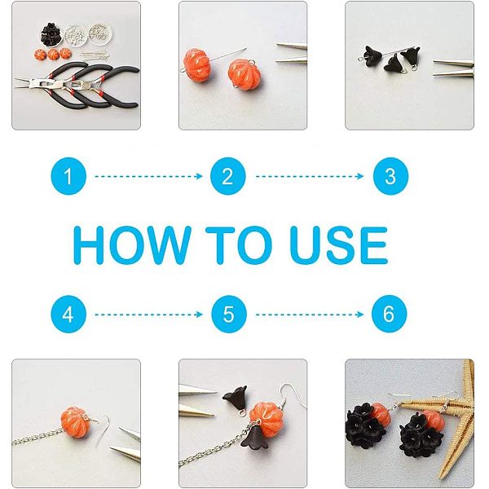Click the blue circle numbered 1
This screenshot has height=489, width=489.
click(68, 176)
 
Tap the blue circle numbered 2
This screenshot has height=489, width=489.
click(228, 176)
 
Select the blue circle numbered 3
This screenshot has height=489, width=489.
click(390, 176)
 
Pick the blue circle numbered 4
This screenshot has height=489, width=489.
click(68, 314)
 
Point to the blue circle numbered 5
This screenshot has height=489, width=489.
click(228, 314)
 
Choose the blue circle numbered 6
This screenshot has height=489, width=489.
click(390, 314)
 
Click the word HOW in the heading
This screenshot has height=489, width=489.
click(132, 245)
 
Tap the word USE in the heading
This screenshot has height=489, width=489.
click(339, 245)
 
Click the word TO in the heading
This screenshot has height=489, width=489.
click(239, 245)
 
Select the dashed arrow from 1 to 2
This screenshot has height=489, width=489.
click(149, 177)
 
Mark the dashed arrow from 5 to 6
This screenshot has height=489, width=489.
click(310, 315)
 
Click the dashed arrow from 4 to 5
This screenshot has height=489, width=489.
click(149, 315)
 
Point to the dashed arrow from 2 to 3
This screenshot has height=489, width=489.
click(310, 177)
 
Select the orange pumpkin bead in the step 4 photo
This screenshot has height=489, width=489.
click(74, 422)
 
